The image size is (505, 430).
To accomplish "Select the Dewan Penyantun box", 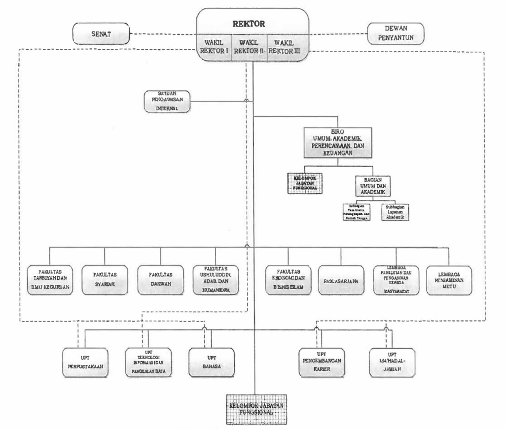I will tap(397, 33).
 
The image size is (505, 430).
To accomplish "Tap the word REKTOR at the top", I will tap(252, 23).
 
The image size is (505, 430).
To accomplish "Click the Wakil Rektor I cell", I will tap(214, 47).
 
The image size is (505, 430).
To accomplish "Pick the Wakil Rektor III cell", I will tap(287, 47).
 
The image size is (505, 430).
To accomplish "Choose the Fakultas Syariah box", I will tap(104, 280).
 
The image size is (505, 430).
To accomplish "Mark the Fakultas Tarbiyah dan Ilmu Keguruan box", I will tap(50, 280).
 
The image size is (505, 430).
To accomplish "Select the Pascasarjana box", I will tap(341, 280).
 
